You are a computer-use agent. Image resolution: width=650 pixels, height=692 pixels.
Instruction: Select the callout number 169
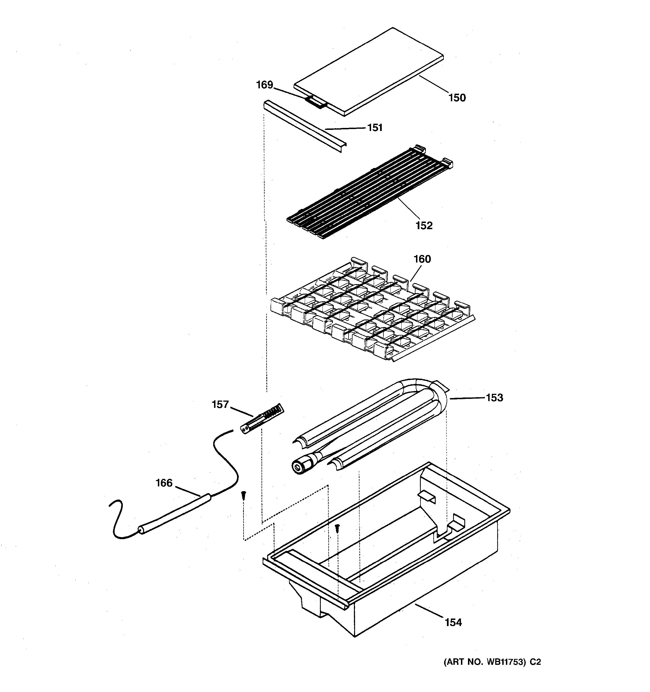click(x=265, y=85)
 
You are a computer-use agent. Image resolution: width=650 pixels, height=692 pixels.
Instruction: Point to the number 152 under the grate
click(x=424, y=226)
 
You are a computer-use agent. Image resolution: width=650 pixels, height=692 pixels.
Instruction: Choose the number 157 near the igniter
click(x=220, y=404)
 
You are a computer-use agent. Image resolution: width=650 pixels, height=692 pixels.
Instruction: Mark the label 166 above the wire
click(x=164, y=483)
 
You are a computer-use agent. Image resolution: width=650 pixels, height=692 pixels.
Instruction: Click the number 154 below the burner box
click(x=453, y=622)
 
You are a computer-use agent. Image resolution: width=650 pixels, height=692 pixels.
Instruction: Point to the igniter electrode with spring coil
click(x=262, y=419)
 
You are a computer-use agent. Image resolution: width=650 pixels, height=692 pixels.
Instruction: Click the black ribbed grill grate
click(x=369, y=193)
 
